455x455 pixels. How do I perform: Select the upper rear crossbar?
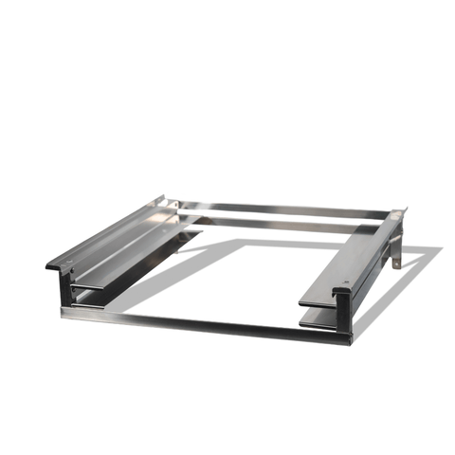pyautogui.click(x=284, y=208)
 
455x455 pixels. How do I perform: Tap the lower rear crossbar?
pyautogui.click(x=284, y=224)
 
